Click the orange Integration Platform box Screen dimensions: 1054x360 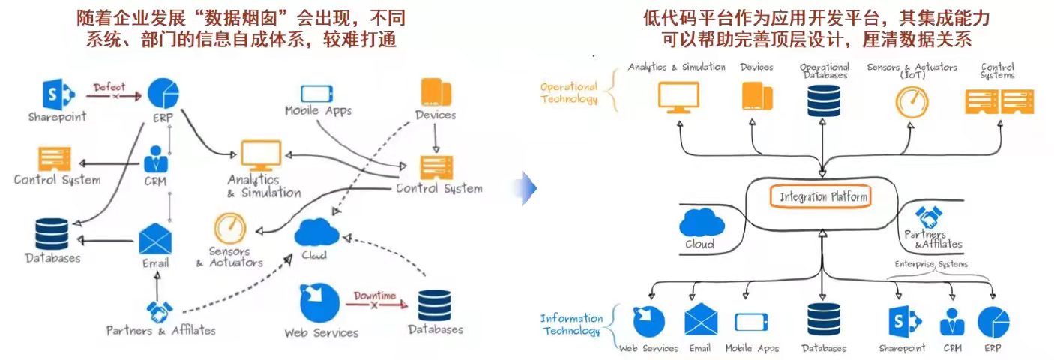tap(821, 196)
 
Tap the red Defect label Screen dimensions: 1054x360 tap(109, 87)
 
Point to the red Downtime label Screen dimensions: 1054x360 tap(375, 295)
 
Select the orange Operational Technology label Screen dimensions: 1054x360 tap(569, 92)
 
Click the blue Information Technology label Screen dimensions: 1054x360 tap(571, 324)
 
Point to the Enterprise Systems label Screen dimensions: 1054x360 tap(931, 264)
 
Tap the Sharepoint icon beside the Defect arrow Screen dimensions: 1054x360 tap(58, 94)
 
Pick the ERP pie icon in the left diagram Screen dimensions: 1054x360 tap(163, 93)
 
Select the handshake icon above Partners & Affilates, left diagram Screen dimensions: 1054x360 tap(160, 312)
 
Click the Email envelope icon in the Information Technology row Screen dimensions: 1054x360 tap(701, 319)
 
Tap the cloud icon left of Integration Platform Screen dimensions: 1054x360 tap(702, 223)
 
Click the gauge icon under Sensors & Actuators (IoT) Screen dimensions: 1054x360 tap(912, 102)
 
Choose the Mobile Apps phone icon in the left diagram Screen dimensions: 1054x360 tap(316, 93)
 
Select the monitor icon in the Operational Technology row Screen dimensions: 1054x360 tap(678, 97)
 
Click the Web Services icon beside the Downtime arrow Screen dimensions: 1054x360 tap(319, 302)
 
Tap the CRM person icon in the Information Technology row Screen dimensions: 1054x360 tap(952, 322)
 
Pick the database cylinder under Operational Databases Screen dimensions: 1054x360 tap(823, 100)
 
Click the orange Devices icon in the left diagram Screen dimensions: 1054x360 tap(436, 91)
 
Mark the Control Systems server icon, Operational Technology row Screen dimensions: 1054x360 tap(999, 101)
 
